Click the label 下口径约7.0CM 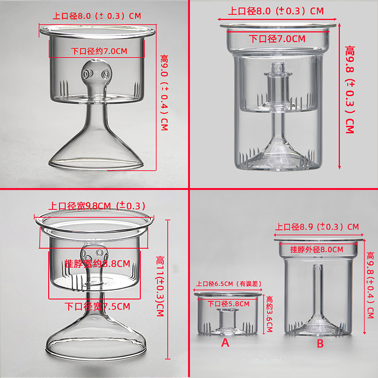99,51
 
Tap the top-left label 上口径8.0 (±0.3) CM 97,16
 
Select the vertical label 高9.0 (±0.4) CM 164,93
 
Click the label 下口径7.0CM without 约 277,39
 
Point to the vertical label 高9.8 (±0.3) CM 350,89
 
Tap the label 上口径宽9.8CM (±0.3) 97,206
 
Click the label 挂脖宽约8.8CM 98,264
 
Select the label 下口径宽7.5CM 97,306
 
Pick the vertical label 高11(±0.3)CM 160,286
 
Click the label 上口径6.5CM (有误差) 229,283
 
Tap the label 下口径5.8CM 229,304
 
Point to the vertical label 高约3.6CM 269,314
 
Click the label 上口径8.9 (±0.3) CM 317,227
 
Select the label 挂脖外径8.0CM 317,249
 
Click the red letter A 225,343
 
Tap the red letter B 320,344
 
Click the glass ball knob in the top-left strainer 96,73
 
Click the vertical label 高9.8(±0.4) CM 370,285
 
